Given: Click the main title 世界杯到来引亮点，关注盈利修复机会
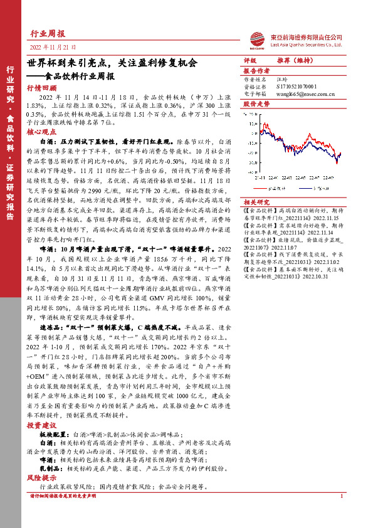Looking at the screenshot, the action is (112, 63).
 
